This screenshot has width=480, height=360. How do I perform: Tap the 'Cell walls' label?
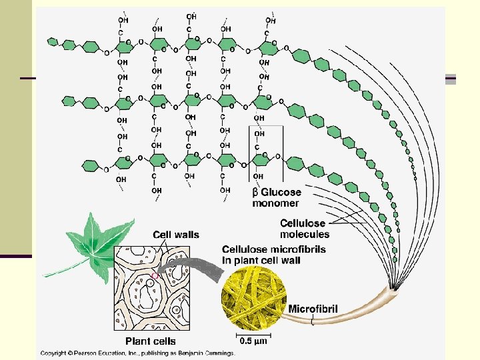176,235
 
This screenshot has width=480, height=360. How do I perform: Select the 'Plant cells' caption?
151,341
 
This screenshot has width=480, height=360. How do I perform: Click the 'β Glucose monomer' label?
276,198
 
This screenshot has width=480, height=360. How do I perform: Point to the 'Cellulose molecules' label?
305,229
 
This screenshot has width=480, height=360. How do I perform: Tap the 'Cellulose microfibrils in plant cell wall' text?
261,255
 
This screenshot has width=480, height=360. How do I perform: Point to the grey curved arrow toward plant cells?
193,270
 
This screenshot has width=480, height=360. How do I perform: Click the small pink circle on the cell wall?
155,275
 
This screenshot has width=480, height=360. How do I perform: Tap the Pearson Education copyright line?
137,353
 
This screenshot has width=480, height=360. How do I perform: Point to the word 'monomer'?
276,203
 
